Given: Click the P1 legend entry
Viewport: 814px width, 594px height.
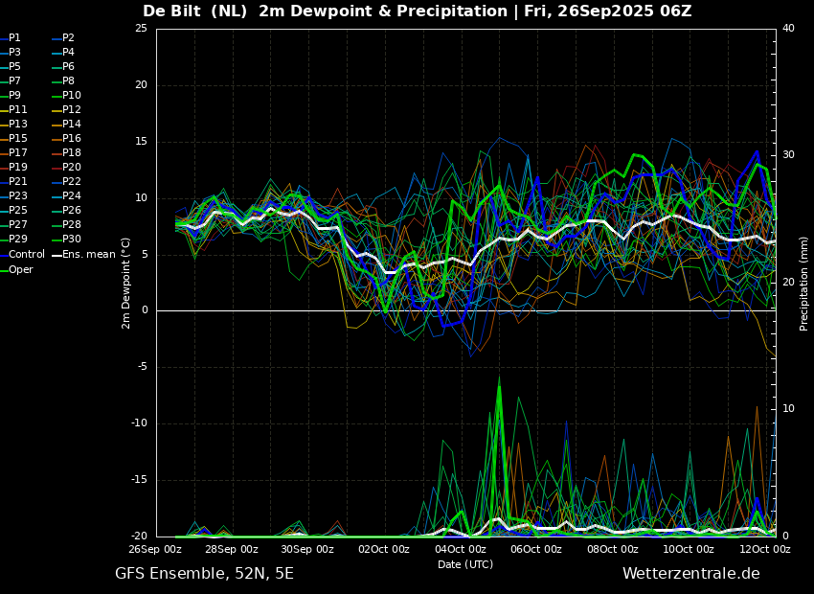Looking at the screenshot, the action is (x=11, y=38).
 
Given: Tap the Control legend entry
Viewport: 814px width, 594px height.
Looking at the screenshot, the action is (x=22, y=255).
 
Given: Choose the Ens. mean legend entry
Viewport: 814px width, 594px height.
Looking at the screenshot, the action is (x=83, y=255).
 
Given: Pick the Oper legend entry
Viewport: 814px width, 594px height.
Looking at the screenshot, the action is (x=16, y=269).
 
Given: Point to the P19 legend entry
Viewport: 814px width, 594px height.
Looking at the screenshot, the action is (x=13, y=168).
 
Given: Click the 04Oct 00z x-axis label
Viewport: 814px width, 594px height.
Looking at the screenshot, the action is (x=461, y=549).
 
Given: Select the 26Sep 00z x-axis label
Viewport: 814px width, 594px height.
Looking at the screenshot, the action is (x=156, y=549).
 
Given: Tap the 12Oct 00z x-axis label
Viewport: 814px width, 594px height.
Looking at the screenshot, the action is (x=765, y=549).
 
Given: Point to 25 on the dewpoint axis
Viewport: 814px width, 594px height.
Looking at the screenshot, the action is (x=141, y=29).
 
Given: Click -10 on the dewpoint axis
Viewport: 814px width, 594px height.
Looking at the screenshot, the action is (x=139, y=423).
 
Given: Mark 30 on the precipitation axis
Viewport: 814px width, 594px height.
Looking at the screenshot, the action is (x=788, y=155).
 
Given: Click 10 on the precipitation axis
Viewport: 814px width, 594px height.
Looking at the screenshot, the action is (x=788, y=409).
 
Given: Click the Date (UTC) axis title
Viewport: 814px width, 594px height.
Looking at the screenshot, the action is (x=465, y=564).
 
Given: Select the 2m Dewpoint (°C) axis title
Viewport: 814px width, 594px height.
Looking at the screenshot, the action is (x=125, y=284).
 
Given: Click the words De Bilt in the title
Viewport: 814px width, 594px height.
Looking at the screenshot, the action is (x=171, y=11).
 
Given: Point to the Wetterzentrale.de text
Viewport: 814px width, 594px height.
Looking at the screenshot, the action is (x=691, y=574).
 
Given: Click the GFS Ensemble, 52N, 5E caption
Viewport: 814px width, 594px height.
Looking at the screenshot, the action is (x=204, y=574).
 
